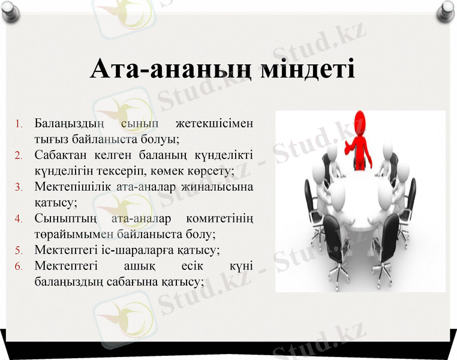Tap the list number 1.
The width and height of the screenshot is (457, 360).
coord(19,125)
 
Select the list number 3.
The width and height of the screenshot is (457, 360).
coord(19,187)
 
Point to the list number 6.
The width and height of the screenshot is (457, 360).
coord(19,265)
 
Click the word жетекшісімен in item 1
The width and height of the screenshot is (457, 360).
coord(214,124)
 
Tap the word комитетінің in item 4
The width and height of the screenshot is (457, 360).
coord(220,218)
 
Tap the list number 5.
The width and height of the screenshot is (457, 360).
coord(19,250)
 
